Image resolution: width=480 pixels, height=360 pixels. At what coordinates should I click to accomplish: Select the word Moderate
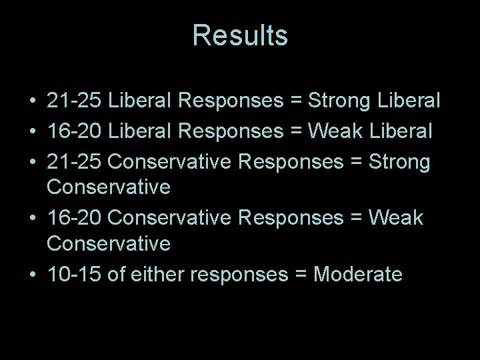[359, 274]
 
